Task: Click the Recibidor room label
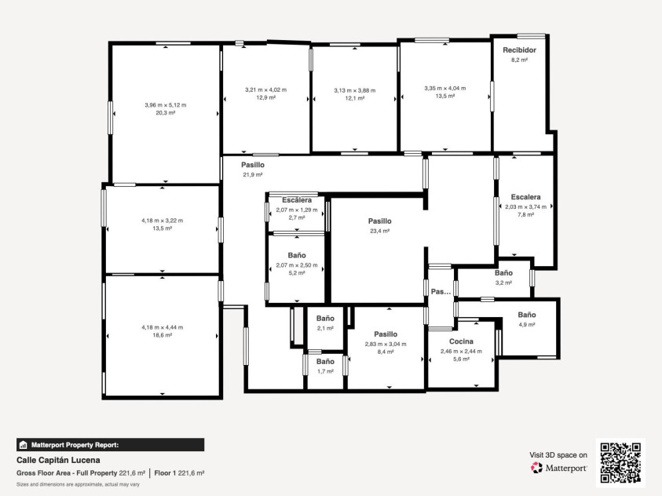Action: (x=519, y=50)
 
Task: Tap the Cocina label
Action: (x=461, y=341)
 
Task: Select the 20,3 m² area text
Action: (x=166, y=113)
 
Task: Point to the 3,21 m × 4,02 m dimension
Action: (x=266, y=89)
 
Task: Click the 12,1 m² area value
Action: (x=355, y=98)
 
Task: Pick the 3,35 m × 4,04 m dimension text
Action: (x=445, y=89)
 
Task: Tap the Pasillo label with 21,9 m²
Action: (x=253, y=165)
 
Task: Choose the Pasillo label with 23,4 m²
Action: (x=379, y=221)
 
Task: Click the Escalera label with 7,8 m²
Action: (x=525, y=197)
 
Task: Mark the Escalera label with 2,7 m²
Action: (x=297, y=200)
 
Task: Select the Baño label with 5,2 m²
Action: (x=297, y=255)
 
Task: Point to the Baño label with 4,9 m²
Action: (x=527, y=315)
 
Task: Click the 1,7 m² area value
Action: (x=326, y=371)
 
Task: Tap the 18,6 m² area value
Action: (x=163, y=335)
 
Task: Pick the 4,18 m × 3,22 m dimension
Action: (x=163, y=221)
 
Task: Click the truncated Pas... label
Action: (x=441, y=291)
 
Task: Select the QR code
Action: (x=620, y=463)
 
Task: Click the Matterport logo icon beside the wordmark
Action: (x=536, y=468)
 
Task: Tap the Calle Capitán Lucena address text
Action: (x=58, y=460)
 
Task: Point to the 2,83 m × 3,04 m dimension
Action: (x=386, y=345)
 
